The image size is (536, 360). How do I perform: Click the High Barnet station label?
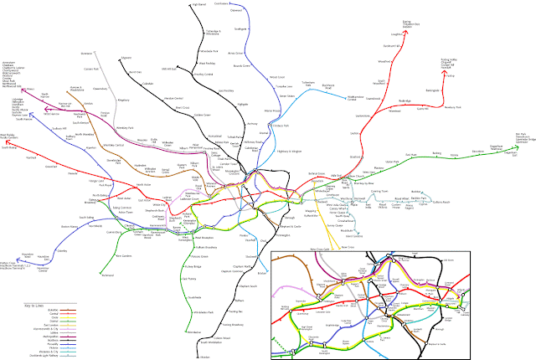click(x=198, y=4)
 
